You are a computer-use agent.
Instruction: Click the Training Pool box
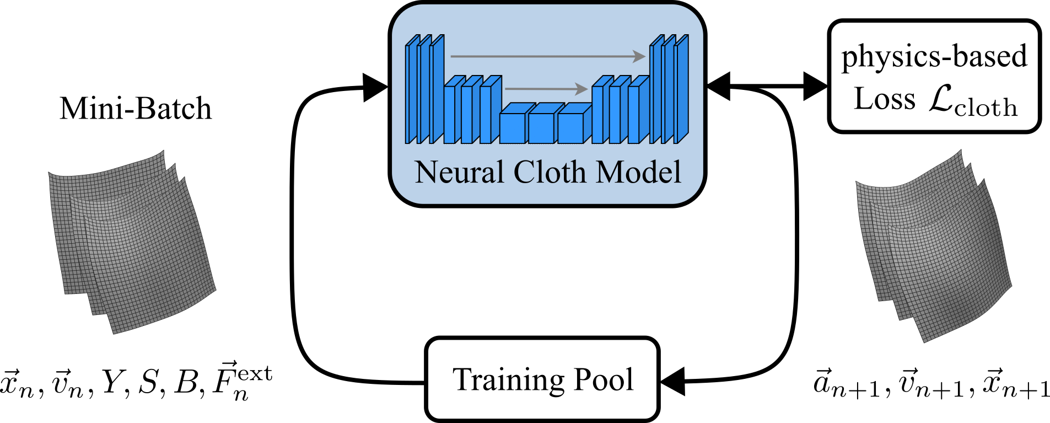[542, 379]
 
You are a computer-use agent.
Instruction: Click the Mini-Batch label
[136, 108]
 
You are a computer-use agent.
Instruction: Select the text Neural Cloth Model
[547, 172]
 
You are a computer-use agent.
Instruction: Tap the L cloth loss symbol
[973, 101]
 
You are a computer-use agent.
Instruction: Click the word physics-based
[934, 57]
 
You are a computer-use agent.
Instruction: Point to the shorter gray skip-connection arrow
[546, 88]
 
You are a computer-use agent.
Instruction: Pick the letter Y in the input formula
[112, 382]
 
